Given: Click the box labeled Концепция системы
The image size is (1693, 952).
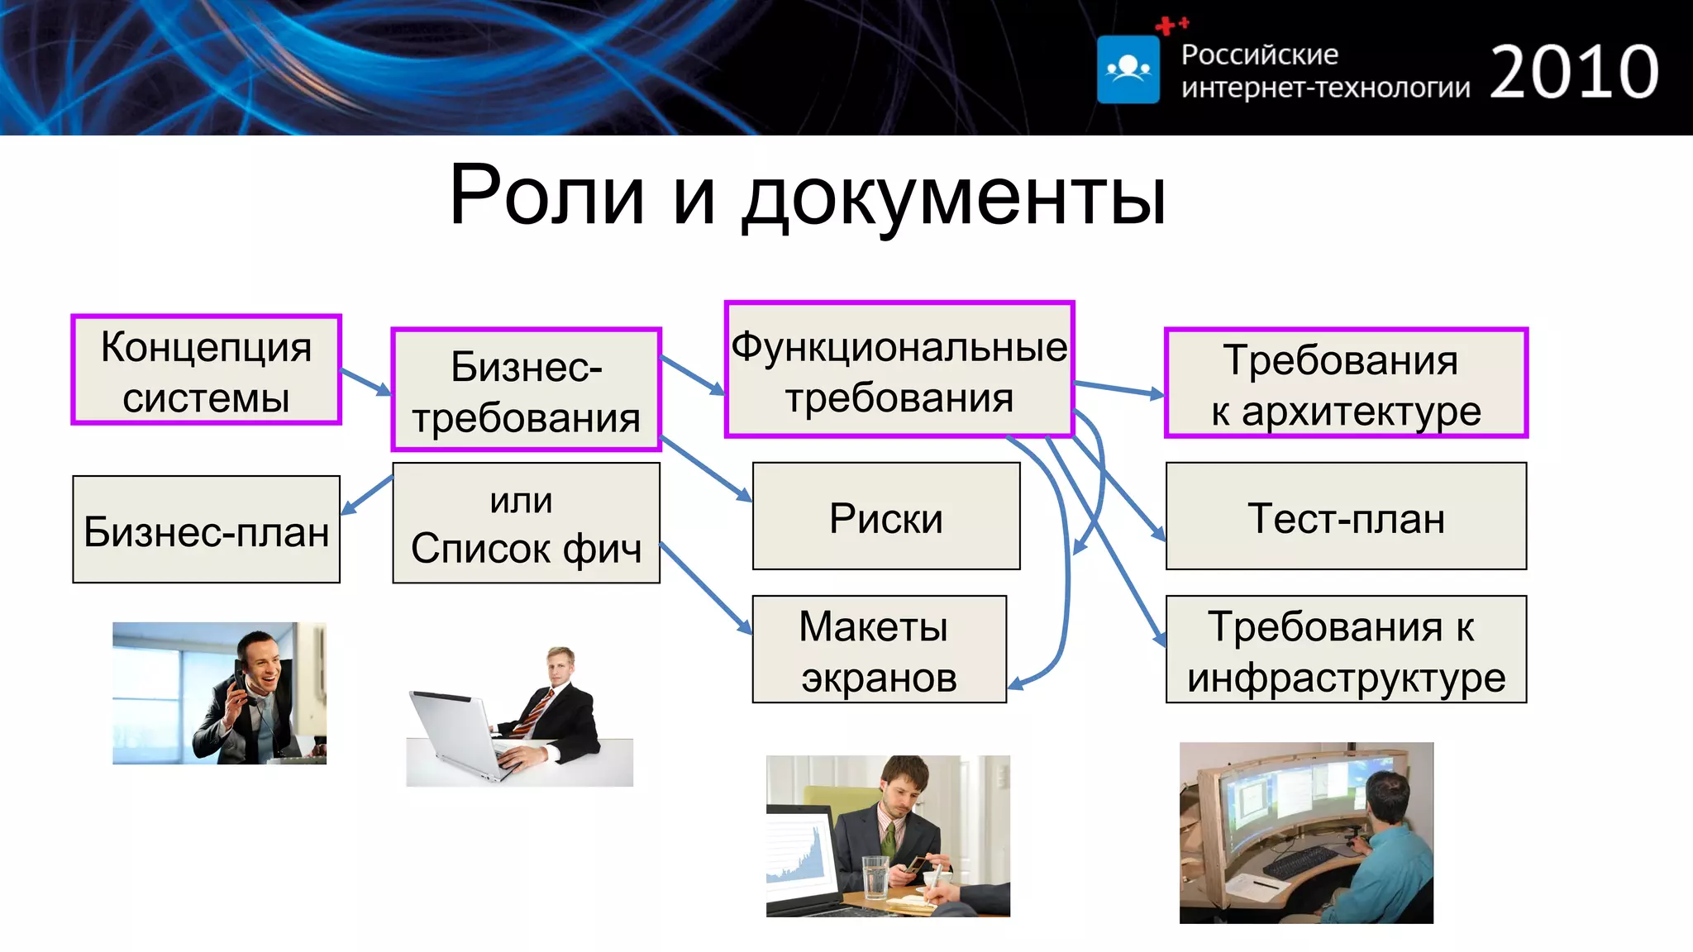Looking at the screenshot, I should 207,370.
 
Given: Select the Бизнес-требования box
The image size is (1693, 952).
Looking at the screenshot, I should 526,390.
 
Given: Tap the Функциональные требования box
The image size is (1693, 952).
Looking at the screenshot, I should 899,369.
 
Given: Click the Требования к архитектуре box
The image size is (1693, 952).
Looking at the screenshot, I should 1346,383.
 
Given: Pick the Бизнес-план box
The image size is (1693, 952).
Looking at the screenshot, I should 207,530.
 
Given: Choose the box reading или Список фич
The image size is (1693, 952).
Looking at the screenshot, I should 526,523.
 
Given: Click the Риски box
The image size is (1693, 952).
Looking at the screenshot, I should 886,516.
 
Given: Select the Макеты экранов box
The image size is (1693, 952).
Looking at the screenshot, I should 879,650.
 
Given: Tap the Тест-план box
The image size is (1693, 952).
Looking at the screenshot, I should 1346,516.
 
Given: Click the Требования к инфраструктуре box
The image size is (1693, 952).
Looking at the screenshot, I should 1346,650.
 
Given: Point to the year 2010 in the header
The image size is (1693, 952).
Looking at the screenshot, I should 1574,73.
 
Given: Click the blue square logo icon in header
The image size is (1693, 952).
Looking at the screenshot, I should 1128,69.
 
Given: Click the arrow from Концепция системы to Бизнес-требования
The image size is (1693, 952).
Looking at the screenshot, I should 365,382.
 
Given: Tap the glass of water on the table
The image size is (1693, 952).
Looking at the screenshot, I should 875,876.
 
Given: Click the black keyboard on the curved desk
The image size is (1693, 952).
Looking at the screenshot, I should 1298,863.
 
